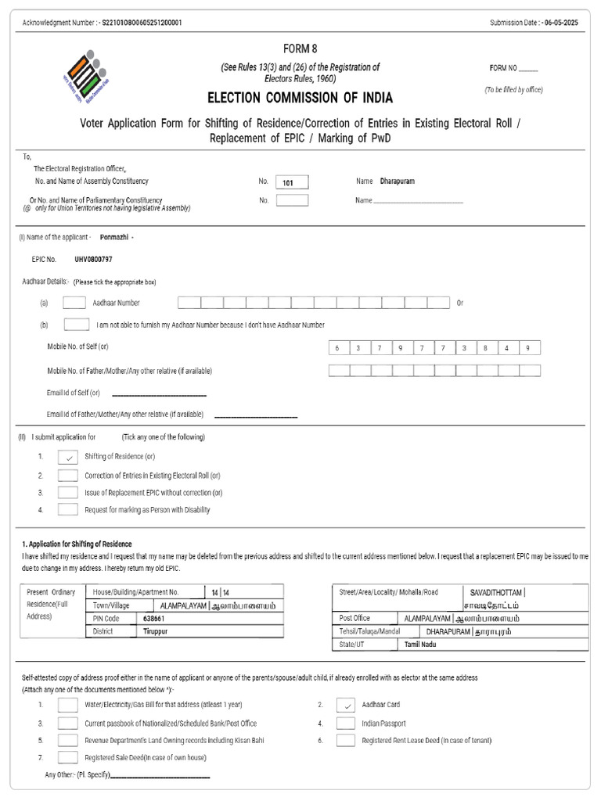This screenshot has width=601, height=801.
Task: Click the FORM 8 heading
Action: pos(300,48)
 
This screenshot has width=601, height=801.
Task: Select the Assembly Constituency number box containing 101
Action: pos(292,182)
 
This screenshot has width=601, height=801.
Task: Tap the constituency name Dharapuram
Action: pos(397,181)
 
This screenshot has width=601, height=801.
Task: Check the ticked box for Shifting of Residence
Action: pos(68,457)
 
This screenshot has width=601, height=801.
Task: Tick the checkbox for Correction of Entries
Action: pos(68,475)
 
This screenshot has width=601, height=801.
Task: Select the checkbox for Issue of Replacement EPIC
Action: pos(68,493)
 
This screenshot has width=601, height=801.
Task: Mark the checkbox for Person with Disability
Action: pos(68,510)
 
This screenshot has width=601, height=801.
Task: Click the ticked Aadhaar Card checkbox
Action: pos(346,706)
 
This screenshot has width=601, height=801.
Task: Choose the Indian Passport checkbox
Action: pos(346,724)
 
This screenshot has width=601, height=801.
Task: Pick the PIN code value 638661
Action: pos(153,618)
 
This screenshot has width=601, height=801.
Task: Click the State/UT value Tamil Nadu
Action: pos(421,644)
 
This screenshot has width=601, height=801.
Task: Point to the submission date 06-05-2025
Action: pos(565,23)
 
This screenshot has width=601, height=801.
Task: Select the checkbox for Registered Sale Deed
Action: pos(68,757)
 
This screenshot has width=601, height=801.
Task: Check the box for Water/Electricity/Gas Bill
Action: pos(68,706)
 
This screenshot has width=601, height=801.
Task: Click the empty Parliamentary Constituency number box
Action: pos(292,200)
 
